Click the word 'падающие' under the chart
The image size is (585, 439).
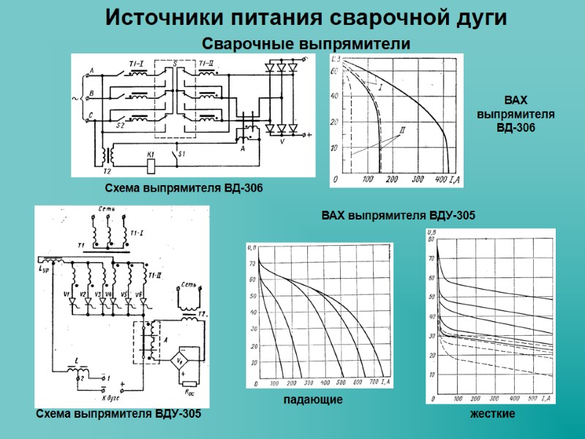click(x=312, y=401)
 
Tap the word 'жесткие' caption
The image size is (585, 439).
click(x=494, y=414)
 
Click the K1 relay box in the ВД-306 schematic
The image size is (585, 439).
click(x=150, y=165)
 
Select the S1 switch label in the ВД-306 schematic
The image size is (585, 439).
click(x=183, y=154)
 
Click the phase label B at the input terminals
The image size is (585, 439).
click(x=91, y=93)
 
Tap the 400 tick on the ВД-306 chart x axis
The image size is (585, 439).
click(x=441, y=179)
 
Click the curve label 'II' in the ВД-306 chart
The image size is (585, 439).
click(x=401, y=130)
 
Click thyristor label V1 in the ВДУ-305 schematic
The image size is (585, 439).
click(x=66, y=294)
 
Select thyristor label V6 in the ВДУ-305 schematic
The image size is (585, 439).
click(x=140, y=294)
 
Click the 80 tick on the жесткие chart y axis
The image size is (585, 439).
click(x=431, y=239)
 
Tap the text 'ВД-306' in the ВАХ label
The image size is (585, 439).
click(x=516, y=128)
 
